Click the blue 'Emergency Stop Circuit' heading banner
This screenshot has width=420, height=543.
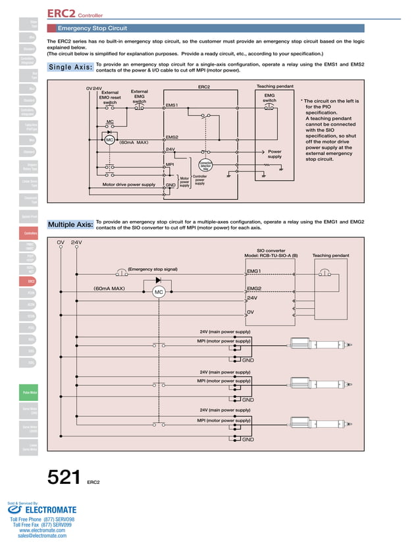pos(92,28)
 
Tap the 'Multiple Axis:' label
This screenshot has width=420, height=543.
pos(70,225)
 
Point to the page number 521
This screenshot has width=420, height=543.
pos(63,478)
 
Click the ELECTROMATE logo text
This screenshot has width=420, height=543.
pos(50,509)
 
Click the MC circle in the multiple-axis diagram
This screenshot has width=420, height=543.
pos(159,293)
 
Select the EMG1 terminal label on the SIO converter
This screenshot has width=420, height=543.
pos(253,271)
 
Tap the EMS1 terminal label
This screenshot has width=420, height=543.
pos(172,105)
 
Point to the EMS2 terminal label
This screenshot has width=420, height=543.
pos(172,137)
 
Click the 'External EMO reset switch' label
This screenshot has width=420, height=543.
pos(110,97)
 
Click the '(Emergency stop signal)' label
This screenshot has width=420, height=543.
pos(153,269)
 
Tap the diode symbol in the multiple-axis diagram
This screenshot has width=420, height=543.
pos(159,281)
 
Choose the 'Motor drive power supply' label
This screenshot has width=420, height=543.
pos(129,185)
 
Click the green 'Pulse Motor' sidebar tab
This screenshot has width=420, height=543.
pos(30,394)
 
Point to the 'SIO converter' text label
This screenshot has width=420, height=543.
pos(271,250)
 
